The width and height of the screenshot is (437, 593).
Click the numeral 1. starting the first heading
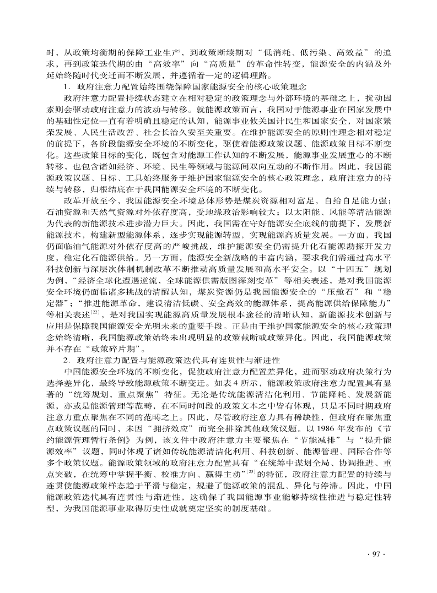tap(67, 86)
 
